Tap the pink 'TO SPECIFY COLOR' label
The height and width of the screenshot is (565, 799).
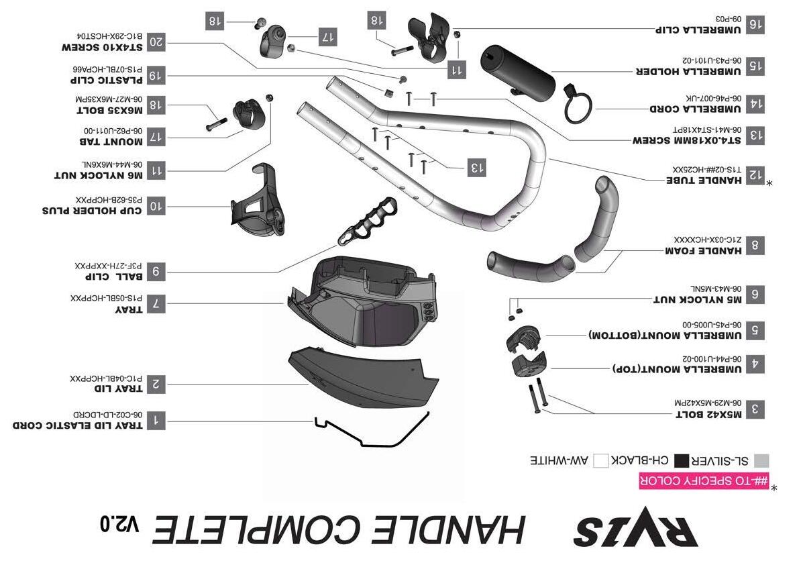pos(704,480)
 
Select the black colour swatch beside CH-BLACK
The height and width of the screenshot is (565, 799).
pos(682,460)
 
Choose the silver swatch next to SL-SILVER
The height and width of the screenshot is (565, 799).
pos(761,460)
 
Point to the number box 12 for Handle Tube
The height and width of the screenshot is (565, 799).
pos(755,176)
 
